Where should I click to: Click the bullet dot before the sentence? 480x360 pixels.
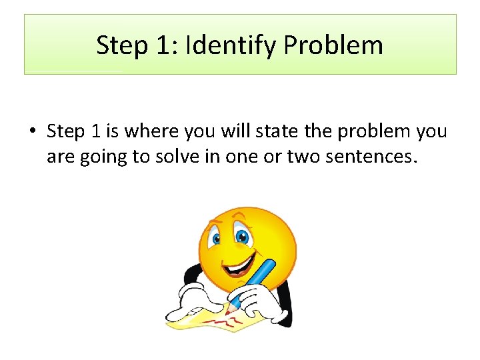point(32,132)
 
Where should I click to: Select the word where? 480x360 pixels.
point(148,131)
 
